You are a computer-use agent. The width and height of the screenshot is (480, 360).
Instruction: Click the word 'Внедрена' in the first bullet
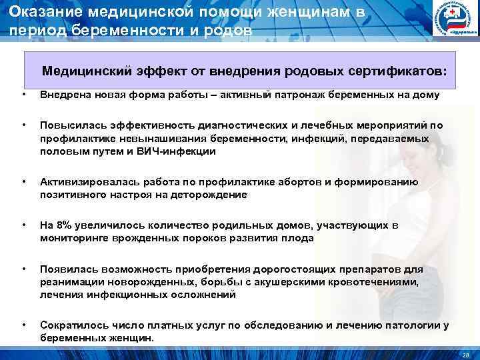pos(62,95)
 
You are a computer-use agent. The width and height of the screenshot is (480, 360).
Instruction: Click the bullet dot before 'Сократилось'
pos(24,325)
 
